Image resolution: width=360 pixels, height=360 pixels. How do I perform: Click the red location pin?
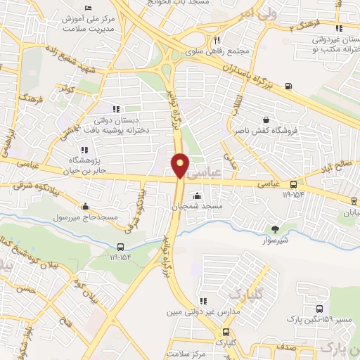pyautogui.click(x=181, y=164)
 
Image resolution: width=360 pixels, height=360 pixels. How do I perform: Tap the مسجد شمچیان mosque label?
pyautogui.click(x=198, y=206)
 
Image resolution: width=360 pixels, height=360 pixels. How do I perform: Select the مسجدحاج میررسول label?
pyautogui.click(x=87, y=218)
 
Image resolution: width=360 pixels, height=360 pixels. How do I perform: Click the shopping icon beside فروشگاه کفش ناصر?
pyautogui.click(x=266, y=120)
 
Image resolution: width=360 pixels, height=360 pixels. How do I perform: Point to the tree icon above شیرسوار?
pyautogui.click(x=275, y=229)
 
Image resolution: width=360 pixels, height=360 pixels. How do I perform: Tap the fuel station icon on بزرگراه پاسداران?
pyautogui.click(x=289, y=86)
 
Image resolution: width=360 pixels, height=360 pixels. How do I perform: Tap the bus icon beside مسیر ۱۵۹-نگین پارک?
pyautogui.click(x=320, y=309)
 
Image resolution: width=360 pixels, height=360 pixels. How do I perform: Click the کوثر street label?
pyautogui.click(x=67, y=90)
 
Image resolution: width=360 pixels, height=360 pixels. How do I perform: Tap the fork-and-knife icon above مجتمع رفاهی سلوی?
pyautogui.click(x=217, y=40)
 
